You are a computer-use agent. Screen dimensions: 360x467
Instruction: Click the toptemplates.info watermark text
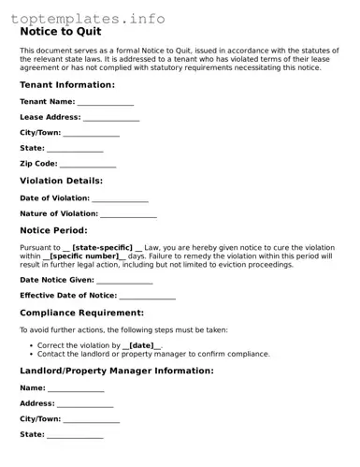point(89,18)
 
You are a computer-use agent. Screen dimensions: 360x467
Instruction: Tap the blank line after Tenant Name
point(105,102)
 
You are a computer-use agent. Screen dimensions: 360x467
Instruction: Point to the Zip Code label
point(38,164)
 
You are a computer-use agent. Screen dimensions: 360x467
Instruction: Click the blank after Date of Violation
point(120,198)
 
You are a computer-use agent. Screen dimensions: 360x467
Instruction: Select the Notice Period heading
point(53,230)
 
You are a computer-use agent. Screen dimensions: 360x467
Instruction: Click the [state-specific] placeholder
point(102,247)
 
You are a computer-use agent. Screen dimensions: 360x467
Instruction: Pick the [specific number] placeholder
point(83,255)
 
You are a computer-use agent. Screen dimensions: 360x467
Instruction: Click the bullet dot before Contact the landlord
point(32,354)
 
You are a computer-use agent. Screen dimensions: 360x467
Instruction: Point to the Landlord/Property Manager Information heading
point(116,371)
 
